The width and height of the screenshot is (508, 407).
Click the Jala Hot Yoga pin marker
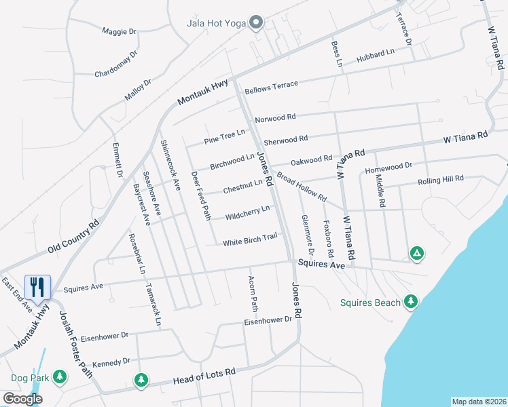(256, 24)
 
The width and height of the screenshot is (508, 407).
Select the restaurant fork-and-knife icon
(37, 287)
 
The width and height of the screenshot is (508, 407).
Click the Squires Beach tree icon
(410, 301)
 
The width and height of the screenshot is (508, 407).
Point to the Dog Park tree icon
(60, 376)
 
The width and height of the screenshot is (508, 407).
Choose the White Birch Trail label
(250, 239)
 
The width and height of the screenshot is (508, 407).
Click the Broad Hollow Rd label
(302, 189)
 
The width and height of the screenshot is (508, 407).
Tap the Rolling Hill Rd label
(440, 180)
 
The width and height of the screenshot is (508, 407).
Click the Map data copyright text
(479, 402)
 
